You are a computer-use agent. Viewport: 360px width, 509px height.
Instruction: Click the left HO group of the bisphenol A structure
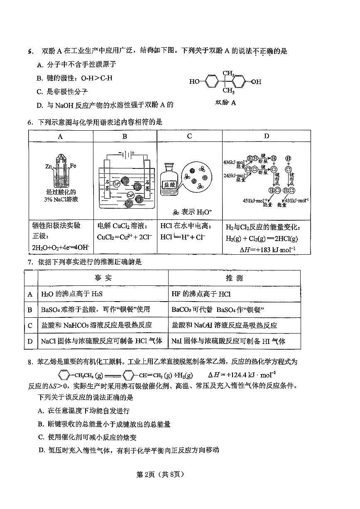tap(194, 82)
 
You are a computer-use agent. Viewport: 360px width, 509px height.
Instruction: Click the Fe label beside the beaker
tap(73, 166)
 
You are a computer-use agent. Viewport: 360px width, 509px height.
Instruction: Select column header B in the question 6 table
tap(125, 136)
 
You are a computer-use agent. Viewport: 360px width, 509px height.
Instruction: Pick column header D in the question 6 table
tap(266, 136)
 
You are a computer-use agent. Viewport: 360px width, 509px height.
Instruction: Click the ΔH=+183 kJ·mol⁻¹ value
tap(268, 249)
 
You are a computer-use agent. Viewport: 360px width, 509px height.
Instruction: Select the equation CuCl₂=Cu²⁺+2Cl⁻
tap(125, 237)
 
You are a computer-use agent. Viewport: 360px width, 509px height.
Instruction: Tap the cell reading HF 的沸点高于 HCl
tap(201, 294)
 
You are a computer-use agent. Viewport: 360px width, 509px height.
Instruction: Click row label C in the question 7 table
tap(30, 326)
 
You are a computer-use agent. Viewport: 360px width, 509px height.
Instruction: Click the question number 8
tap(30, 362)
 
